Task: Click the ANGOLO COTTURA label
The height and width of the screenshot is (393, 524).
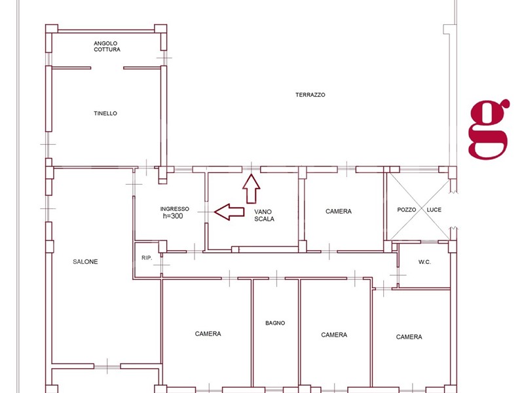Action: coord(107,47)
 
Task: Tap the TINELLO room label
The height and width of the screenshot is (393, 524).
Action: coord(105,113)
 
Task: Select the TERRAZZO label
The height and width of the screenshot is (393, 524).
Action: coord(310,95)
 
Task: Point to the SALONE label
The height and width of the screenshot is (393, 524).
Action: coord(85,261)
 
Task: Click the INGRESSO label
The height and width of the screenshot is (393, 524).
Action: coord(174,209)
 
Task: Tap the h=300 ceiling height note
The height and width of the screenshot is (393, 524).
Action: coord(173,216)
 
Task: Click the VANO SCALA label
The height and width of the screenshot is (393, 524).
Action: coord(264,215)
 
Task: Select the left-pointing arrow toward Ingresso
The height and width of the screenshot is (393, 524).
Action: coord(229,212)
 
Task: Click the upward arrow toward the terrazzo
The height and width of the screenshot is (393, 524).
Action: coord(252,189)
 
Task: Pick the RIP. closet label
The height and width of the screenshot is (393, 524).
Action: coord(147,258)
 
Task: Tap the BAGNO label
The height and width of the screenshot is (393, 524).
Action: coord(275,323)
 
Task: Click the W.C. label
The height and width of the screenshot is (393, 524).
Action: coord(424,263)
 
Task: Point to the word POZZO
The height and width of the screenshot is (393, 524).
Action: coord(406,210)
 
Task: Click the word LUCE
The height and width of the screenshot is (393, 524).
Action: coord(434,210)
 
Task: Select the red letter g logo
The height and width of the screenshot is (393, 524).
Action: coord(489,129)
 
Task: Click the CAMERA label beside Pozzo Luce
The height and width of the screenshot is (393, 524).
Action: coord(339,211)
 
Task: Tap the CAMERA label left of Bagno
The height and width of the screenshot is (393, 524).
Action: coord(208,334)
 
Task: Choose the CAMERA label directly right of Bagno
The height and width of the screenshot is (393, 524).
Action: coord(334,335)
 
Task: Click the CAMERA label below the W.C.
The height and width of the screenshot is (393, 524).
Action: coord(409,337)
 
